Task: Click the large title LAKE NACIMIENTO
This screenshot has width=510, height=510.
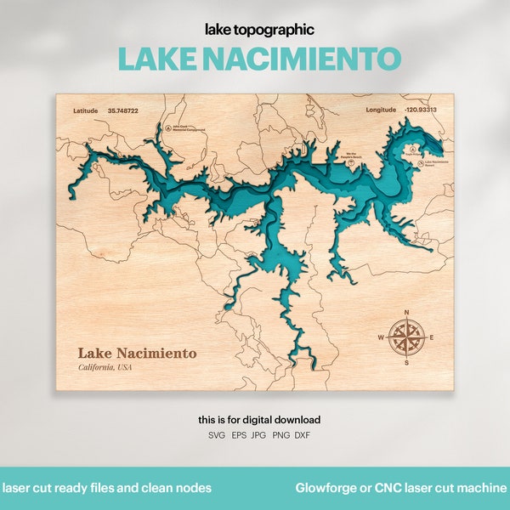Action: tap(259, 59)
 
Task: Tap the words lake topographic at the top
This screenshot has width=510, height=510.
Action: tap(259, 30)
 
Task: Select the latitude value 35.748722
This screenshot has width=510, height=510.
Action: tap(124, 110)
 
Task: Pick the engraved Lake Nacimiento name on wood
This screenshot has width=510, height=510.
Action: tap(137, 353)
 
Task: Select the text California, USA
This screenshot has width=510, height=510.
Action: tap(105, 367)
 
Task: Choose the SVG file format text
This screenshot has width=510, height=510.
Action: tap(217, 435)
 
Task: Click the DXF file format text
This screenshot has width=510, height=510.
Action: tap(303, 435)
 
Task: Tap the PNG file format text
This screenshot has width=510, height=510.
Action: tap(280, 435)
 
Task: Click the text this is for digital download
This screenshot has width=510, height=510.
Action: tap(259, 420)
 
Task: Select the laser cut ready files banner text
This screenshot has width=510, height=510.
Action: tap(107, 488)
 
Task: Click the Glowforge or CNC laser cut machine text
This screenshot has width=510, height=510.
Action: tap(401, 488)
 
